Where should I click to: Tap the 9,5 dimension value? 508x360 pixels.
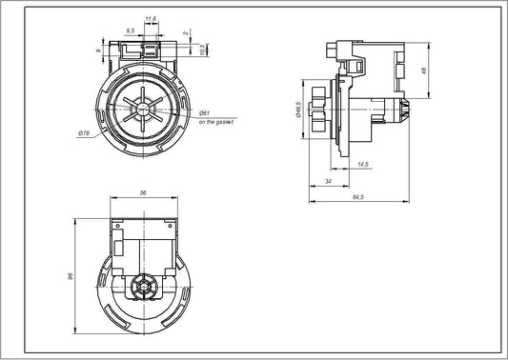pyautogui.click(x=131, y=30)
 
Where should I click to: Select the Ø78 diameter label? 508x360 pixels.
pyautogui.click(x=84, y=133)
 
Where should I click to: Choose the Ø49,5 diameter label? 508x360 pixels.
pyautogui.click(x=298, y=111)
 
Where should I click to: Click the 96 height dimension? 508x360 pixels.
pyautogui.click(x=71, y=277)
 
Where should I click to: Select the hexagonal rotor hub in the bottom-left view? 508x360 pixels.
pyautogui.click(x=144, y=285)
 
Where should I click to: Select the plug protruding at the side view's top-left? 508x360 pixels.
pyautogui.click(x=331, y=50)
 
